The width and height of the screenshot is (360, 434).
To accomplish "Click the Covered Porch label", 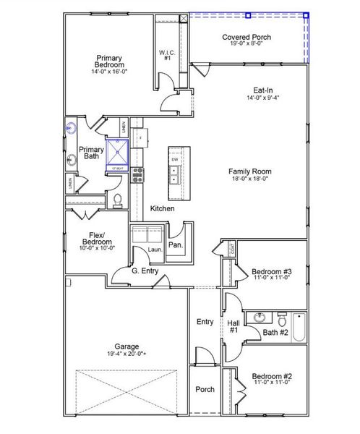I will point(246,36).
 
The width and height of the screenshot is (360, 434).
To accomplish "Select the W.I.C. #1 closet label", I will point(165,55).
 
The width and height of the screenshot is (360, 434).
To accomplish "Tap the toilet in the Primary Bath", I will point(117,199).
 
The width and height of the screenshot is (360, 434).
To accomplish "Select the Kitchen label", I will point(162,208).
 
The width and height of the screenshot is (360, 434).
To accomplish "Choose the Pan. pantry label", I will point(176,244).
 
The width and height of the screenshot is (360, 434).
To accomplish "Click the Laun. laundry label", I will point(153,250).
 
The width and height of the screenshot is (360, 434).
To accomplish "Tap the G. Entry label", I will point(145,271).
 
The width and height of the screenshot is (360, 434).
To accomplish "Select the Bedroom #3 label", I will point(271,273).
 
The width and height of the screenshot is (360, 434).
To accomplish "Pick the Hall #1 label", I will point(233,325).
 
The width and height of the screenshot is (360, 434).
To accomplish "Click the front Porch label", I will point(205,389).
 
